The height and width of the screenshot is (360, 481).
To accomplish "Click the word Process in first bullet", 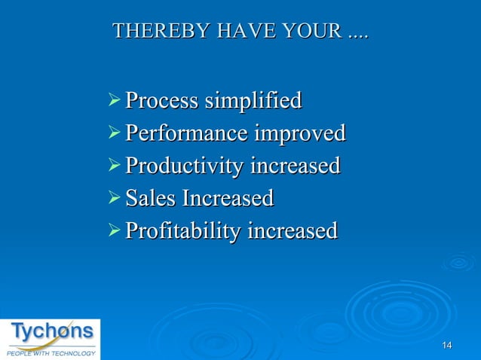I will click(161, 100).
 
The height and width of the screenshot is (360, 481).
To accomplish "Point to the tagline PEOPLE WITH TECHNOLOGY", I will click(51, 352).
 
